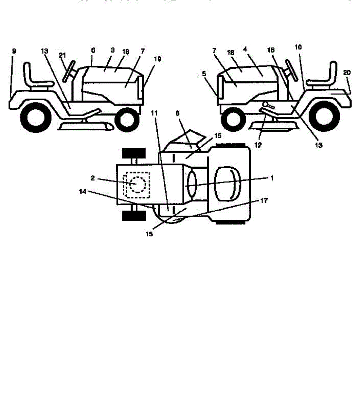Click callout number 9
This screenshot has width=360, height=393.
point(14,51)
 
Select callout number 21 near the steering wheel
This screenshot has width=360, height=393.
point(62,55)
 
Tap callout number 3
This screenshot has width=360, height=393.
point(112,50)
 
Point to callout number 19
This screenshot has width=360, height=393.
point(157,59)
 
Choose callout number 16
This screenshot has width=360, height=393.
point(271,50)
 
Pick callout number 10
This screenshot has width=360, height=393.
point(298,47)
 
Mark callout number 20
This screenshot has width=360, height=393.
point(347,73)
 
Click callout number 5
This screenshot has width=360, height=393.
point(205,74)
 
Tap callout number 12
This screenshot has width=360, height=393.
point(258,145)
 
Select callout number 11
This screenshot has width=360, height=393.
point(154,113)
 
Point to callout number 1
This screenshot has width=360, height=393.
point(271,178)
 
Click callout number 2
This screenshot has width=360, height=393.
point(93,178)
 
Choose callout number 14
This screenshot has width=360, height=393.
point(83,192)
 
